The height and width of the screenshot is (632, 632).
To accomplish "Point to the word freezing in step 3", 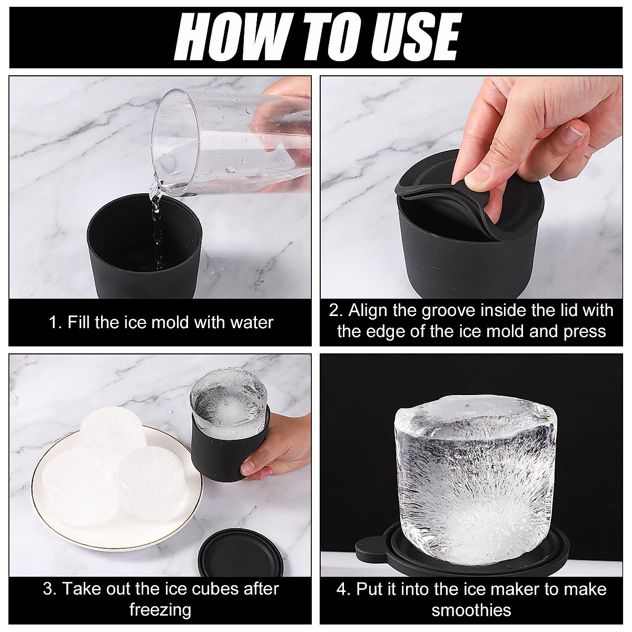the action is (160, 601).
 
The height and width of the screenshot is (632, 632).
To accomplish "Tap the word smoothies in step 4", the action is (471, 601).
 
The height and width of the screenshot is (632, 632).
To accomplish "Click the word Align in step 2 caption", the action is (368, 311).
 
